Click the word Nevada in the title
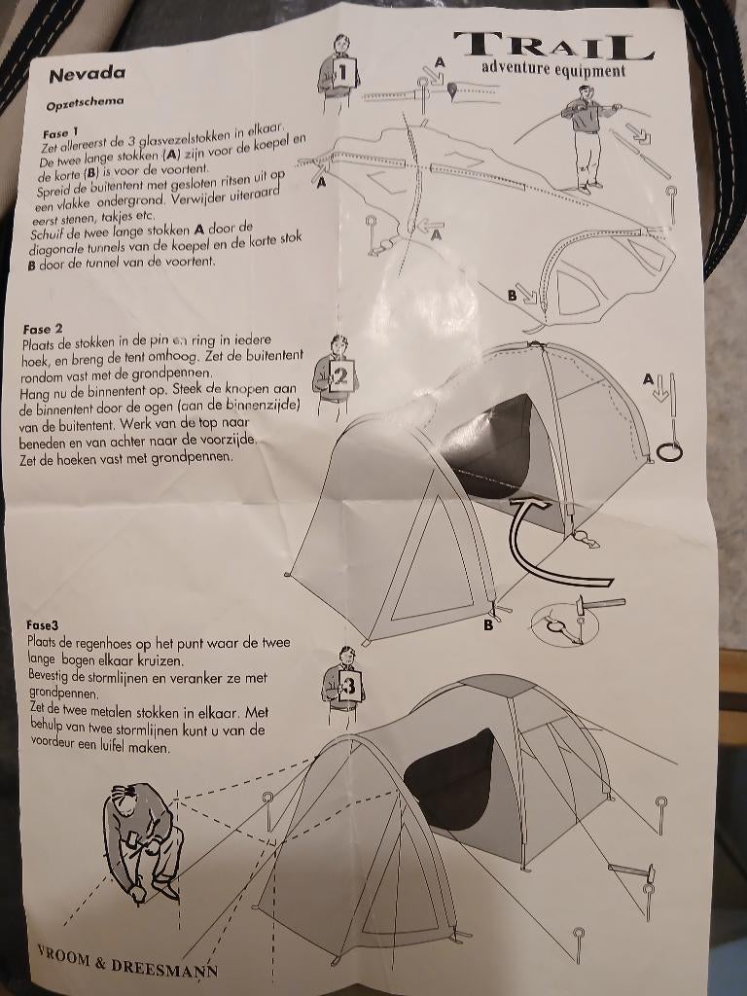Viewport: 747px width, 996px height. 86,74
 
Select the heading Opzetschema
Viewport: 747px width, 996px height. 85,100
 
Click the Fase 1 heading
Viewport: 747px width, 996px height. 60,132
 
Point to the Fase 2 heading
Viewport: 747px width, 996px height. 43,329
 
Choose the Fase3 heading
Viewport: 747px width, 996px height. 43,626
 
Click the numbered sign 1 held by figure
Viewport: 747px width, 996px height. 343,72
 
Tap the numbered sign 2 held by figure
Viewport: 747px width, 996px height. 340,377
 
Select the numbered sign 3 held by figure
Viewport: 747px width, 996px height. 350,687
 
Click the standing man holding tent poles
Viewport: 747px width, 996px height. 586,136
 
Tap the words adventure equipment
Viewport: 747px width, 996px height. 552,70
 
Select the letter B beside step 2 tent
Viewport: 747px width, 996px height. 488,625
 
